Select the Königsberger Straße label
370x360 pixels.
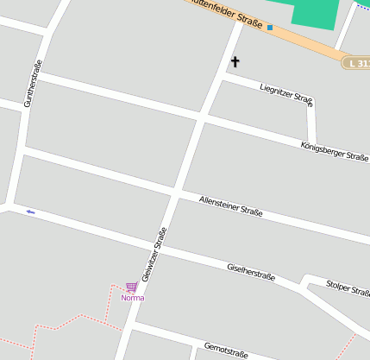(x=335, y=151)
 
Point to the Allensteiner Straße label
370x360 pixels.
(x=230, y=205)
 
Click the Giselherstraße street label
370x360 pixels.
(x=250, y=272)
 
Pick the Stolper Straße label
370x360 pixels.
(x=348, y=287)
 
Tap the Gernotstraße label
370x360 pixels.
(x=226, y=351)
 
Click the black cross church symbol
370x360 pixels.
(x=235, y=62)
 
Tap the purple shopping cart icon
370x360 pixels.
(x=132, y=287)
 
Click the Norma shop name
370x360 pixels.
(x=133, y=298)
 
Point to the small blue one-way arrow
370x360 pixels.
(x=31, y=212)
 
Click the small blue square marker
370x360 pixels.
(x=269, y=28)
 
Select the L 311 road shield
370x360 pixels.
(x=357, y=64)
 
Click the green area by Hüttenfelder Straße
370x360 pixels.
(x=316, y=13)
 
